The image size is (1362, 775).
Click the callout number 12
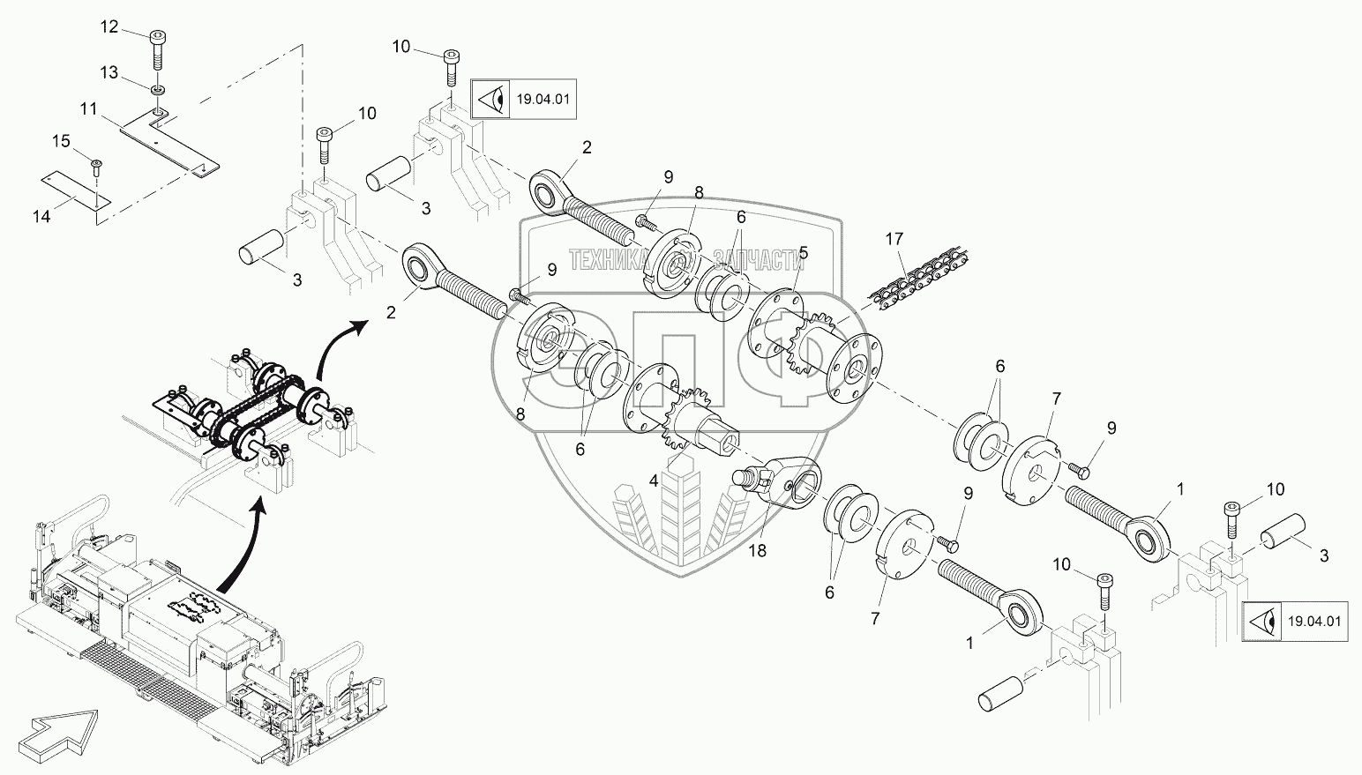109,27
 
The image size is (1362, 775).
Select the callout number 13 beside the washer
109,72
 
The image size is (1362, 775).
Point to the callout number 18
758,551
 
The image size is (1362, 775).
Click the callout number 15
59,140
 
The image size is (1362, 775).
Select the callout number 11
87,108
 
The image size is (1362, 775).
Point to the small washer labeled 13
157,90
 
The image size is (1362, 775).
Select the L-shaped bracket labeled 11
168,141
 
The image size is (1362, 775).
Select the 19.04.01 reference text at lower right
1313,622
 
